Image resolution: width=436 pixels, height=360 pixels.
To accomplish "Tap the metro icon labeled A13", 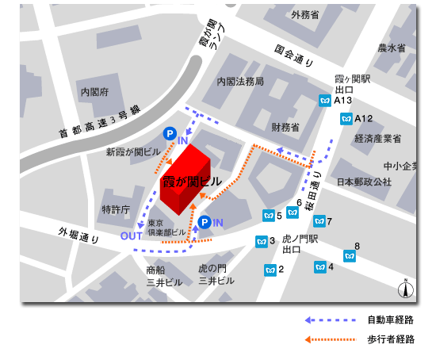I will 324,101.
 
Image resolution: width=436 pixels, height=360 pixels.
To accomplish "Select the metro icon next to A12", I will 345,119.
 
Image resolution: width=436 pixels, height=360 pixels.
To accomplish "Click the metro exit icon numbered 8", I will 350,255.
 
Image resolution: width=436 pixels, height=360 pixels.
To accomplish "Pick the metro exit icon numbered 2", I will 270,270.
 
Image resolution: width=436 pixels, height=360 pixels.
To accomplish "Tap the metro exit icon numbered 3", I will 261,241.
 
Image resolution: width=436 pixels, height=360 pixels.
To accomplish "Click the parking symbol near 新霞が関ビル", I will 169,134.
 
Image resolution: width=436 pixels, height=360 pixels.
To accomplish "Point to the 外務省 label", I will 304,14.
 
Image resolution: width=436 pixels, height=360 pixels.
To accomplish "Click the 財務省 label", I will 285,127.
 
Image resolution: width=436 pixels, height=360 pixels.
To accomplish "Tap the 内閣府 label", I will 94,92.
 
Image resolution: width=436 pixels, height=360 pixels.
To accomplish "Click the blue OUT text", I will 131,236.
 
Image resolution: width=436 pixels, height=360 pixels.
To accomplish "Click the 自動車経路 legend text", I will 389,320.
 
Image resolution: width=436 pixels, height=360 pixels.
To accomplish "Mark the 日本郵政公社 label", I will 364,182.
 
